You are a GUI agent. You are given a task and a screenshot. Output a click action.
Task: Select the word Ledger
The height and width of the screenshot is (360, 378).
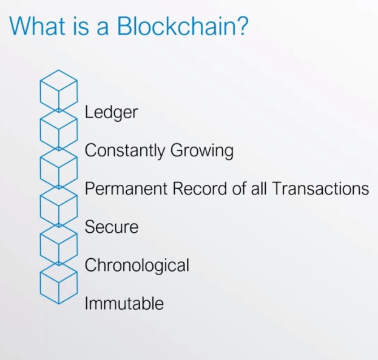click(111, 113)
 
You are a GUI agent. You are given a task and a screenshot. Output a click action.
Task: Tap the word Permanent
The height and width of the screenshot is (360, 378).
click(126, 188)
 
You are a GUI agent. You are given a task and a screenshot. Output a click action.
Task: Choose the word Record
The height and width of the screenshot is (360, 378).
click(200, 188)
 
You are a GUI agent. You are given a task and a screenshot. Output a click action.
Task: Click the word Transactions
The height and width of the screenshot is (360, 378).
click(320, 188)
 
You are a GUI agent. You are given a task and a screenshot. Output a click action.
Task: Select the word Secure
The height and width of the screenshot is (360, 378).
click(112, 227)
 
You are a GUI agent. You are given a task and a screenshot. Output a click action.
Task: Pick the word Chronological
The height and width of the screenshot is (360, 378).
click(137, 265)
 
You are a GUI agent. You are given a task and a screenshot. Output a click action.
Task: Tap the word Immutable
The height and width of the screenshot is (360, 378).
click(124, 303)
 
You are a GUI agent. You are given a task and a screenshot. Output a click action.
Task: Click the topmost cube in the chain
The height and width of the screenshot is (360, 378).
click(59, 90)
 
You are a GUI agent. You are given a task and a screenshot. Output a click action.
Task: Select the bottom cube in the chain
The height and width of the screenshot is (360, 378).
click(59, 283)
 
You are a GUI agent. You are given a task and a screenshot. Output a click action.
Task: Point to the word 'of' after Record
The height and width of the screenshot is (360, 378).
click(239, 188)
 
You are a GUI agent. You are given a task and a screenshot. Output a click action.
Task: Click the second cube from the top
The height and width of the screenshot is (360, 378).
click(59, 129)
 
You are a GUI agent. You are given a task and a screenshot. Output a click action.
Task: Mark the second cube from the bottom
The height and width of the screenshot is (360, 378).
click(59, 245)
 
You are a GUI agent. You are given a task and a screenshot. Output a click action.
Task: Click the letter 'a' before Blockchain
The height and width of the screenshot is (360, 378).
click(103, 28)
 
